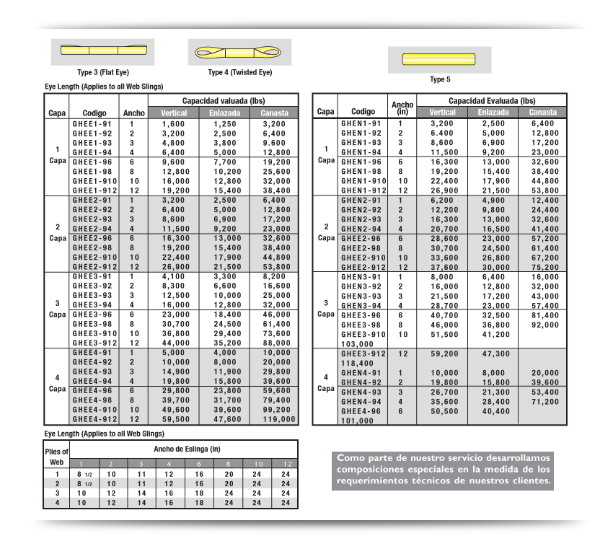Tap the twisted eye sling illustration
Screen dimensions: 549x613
[x=234, y=52]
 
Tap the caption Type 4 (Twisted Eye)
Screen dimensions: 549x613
[x=240, y=73]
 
